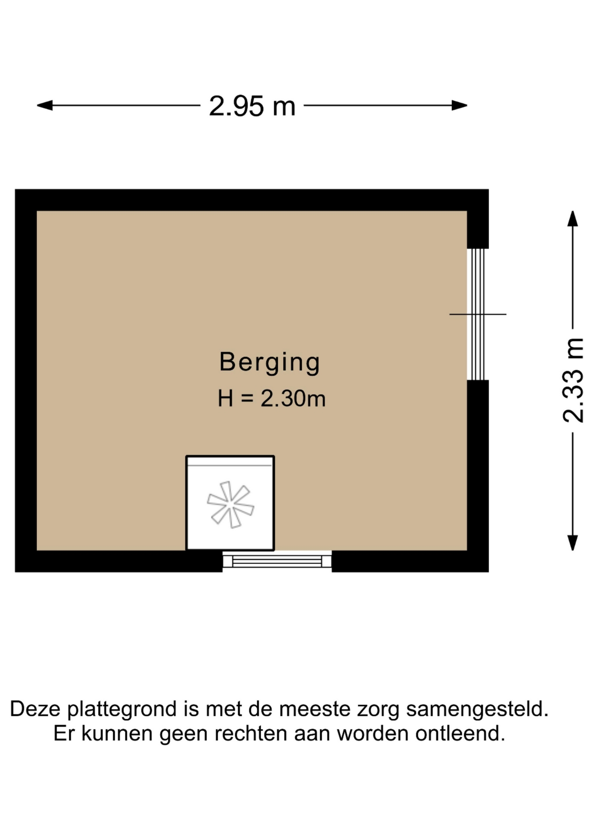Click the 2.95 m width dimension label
[252, 106]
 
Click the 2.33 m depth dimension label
[573, 380]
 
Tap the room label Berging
[269, 363]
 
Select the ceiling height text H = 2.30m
[272, 399]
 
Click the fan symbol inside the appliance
[231, 504]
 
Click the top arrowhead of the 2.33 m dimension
[573, 219]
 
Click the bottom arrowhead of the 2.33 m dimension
[573, 542]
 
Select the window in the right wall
[478, 314]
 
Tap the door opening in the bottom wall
[277, 560]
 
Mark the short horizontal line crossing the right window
[478, 314]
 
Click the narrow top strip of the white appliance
[230, 461]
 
